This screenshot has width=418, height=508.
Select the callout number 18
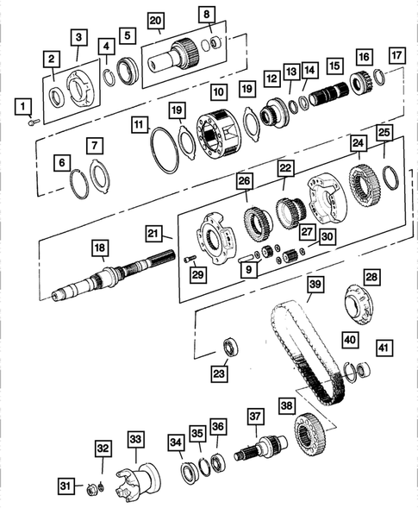point(100,248)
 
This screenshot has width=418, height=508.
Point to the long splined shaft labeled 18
point(103,279)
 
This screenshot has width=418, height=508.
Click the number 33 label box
point(134,440)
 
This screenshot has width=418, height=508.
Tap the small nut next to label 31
point(90,490)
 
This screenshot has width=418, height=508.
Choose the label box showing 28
point(371,276)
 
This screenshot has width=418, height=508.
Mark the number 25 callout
point(384,131)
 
